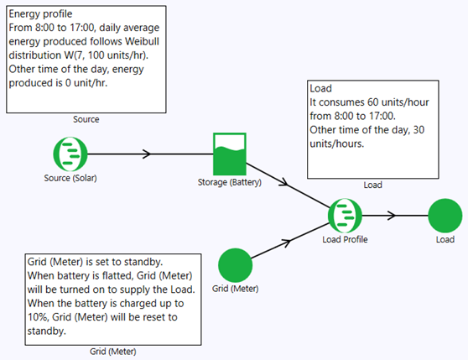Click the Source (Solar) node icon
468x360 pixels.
point(70,154)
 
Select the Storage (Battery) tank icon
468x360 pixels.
point(230,154)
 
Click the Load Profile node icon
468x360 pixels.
point(345,217)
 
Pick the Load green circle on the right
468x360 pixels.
point(445,217)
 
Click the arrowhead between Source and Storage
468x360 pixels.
point(147,154)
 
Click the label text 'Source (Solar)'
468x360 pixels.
point(70,178)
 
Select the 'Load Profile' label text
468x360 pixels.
point(345,239)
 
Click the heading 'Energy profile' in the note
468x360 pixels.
point(42,14)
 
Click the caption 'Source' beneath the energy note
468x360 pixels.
point(86,120)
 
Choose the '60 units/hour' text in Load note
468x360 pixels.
point(386,102)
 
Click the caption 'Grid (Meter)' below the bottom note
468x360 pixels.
point(112,351)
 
